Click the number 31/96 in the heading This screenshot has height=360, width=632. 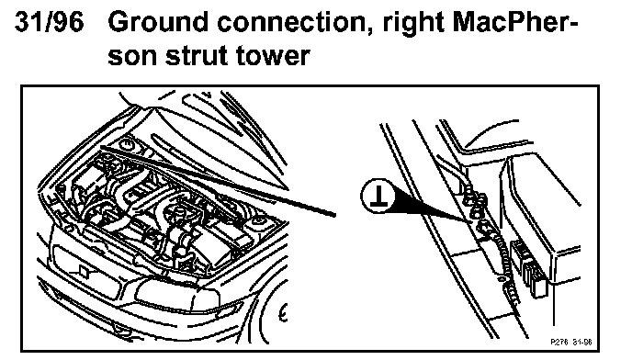coord(50,21)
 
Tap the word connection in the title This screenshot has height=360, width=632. coord(293,22)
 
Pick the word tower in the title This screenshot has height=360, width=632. coord(273,55)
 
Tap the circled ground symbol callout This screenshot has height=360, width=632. coord(378,196)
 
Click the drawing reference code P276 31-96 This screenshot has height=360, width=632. coord(571,342)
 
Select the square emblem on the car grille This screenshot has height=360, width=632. coord(84,271)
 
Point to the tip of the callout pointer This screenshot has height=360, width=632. coord(470,220)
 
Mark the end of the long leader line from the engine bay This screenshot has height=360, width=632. coord(334,215)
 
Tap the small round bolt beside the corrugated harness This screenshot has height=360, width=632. coord(501,278)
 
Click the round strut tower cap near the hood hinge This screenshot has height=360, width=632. coord(127,142)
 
